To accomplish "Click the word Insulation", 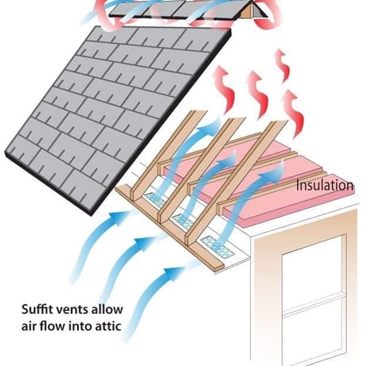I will click(325, 185).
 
